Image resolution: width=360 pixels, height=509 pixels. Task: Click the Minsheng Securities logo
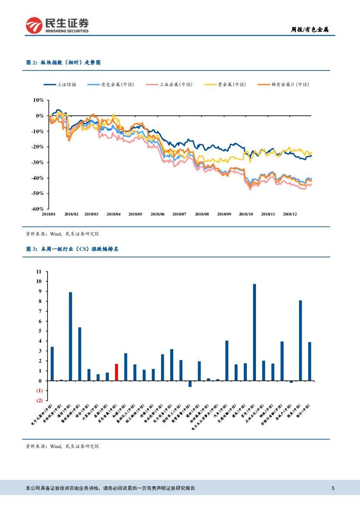(57, 25)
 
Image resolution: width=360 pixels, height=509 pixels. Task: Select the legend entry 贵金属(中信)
(231, 84)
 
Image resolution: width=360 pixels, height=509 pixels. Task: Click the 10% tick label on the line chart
(38, 100)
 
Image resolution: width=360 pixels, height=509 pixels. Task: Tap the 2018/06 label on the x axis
(157, 214)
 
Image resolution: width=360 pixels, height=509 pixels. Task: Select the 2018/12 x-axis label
(289, 214)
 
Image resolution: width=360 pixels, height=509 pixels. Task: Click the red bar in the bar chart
(117, 372)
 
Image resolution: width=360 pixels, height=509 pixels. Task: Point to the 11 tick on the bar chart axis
(39, 271)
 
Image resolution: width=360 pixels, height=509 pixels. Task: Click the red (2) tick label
(39, 401)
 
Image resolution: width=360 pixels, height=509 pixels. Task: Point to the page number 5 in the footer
(333, 488)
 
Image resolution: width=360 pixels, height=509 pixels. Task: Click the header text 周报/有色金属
(310, 30)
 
